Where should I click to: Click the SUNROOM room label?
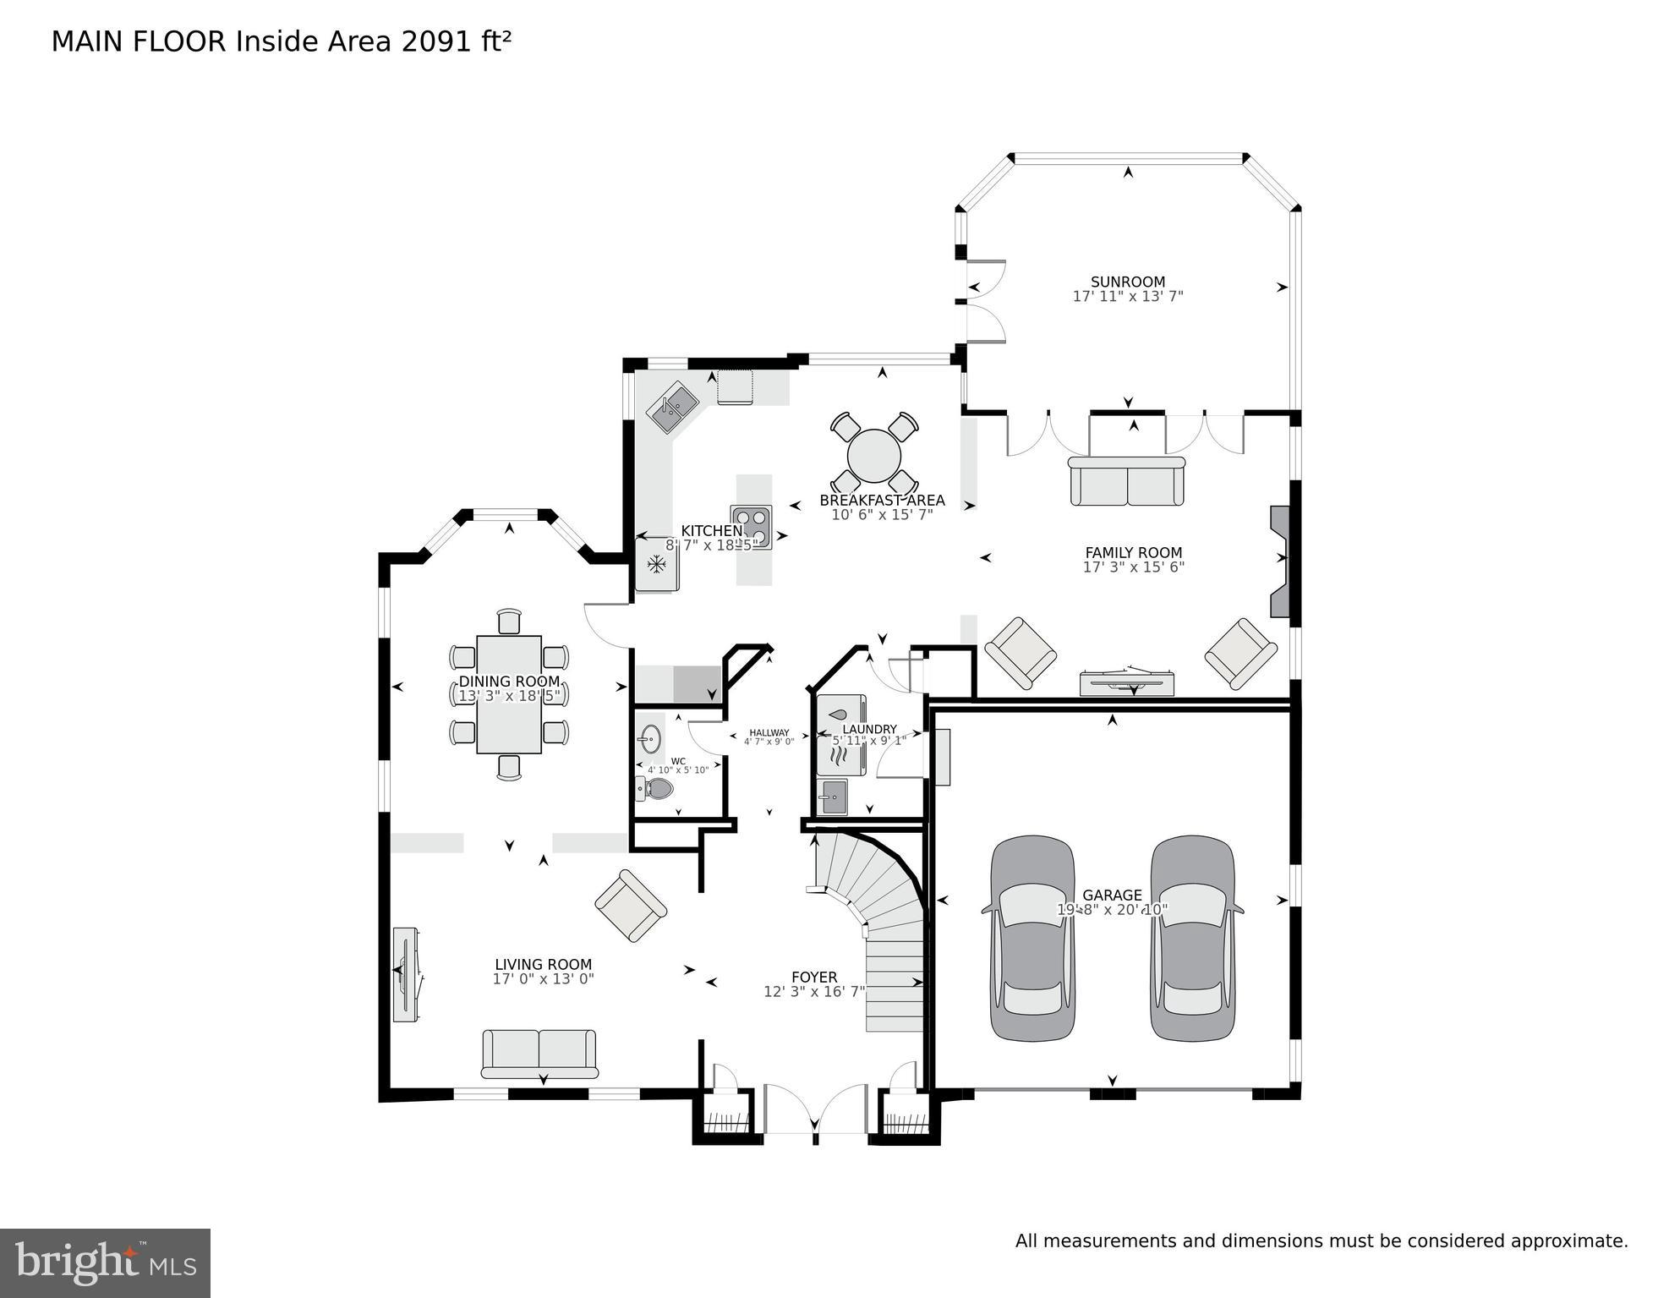click(1127, 282)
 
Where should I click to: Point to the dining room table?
click(509, 694)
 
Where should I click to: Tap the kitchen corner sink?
click(672, 407)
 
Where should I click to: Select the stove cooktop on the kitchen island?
click(752, 527)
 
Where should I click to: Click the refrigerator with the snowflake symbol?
click(657, 563)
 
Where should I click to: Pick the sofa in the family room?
click(1127, 481)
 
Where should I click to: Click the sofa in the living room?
click(539, 1054)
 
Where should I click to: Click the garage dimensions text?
click(1112, 910)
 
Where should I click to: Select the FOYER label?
click(813, 977)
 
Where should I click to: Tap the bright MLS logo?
click(105, 1263)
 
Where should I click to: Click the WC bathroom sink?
click(649, 738)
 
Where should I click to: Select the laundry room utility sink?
click(832, 797)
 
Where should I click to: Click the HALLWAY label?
click(769, 732)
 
